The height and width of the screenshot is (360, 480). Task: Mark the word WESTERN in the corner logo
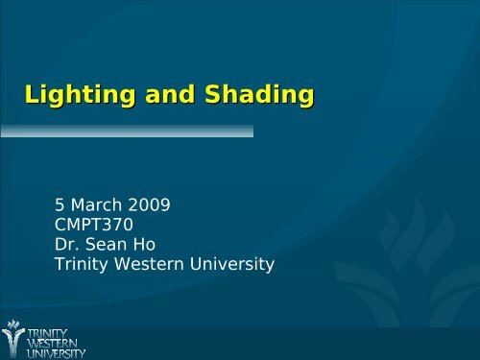point(54,342)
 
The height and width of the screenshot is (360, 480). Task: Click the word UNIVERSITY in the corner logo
point(56,352)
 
